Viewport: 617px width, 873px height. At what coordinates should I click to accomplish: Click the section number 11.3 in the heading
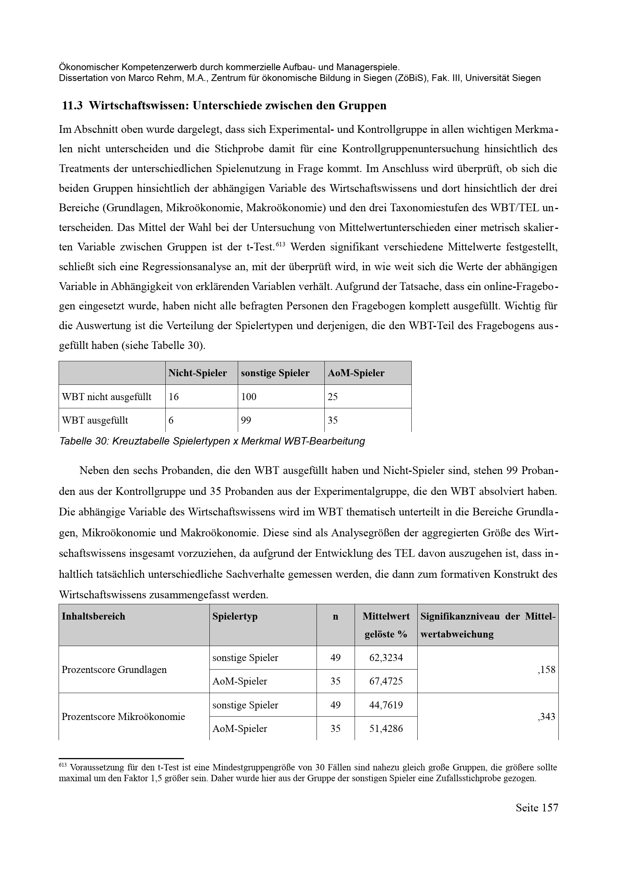pyautogui.click(x=72, y=106)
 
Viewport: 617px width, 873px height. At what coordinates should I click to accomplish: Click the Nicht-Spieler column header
pyautogui.click(x=198, y=373)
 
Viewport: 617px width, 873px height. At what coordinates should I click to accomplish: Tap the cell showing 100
pyautogui.click(x=249, y=397)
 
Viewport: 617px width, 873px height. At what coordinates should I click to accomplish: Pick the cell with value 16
pyautogui.click(x=174, y=397)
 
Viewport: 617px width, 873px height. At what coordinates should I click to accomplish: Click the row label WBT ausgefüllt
pyautogui.click(x=95, y=420)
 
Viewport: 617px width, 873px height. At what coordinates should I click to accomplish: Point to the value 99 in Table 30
pyautogui.click(x=246, y=420)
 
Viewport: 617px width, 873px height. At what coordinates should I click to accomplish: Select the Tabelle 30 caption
pyautogui.click(x=212, y=441)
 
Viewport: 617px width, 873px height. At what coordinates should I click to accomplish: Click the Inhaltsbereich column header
pyautogui.click(x=94, y=616)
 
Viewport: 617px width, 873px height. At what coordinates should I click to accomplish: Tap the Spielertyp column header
pyautogui.click(x=235, y=616)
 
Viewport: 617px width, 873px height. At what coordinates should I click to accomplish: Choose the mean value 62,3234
pyautogui.click(x=386, y=657)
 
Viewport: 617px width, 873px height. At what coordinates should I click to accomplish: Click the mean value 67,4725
pyautogui.click(x=386, y=681)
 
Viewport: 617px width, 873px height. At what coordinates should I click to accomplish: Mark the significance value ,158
pyautogui.click(x=547, y=670)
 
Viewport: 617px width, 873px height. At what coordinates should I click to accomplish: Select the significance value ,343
pyautogui.click(x=547, y=717)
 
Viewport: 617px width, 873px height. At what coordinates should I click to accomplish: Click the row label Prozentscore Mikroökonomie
pyautogui.click(x=123, y=717)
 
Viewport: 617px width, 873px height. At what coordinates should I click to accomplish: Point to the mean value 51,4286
pyautogui.click(x=386, y=729)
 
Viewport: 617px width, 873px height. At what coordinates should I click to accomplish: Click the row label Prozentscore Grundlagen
pyautogui.click(x=114, y=670)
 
